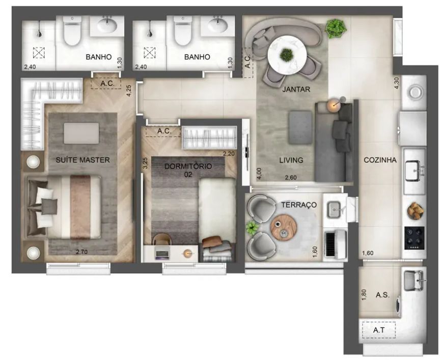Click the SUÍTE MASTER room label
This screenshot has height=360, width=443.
(82, 160)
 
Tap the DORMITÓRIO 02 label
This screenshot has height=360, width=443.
(188, 170)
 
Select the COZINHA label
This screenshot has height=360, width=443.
(380, 160)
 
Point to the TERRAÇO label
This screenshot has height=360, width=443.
(299, 205)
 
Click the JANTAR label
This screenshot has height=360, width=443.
(296, 89)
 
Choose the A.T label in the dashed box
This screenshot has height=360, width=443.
(378, 330)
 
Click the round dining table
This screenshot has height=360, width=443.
(287, 56)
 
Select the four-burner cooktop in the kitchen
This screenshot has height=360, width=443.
(414, 238)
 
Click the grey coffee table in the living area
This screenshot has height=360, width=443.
(300, 127)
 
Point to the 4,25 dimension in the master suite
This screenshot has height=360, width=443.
(129, 91)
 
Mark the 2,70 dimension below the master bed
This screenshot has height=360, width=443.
(81, 252)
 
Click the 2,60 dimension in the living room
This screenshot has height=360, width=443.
(291, 178)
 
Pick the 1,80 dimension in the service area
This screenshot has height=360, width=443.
(364, 295)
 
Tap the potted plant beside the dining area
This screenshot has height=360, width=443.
(336, 28)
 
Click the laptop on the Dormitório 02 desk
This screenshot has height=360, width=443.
(162, 253)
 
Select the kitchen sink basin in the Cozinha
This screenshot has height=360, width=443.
(414, 171)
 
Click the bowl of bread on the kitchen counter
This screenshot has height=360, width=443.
(416, 210)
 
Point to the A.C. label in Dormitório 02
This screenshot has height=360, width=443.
(164, 131)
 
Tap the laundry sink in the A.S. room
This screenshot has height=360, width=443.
(414, 281)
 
